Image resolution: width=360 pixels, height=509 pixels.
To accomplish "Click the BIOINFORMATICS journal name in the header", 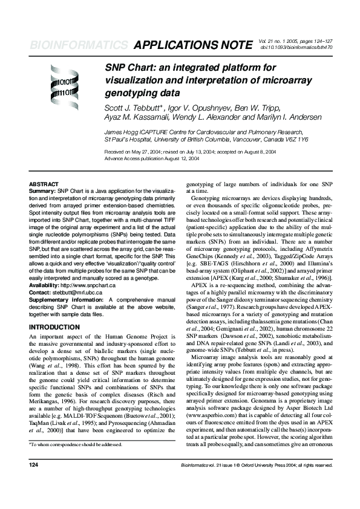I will click(78, 45).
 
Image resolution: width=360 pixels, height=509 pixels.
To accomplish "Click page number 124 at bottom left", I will click(34, 482).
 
